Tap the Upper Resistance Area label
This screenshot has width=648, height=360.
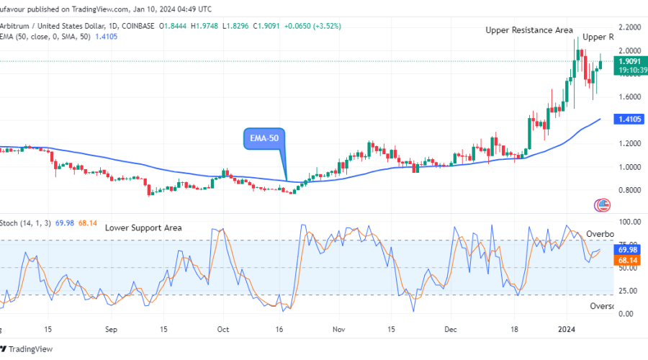pos(528,30)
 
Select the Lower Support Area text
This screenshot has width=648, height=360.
pos(143,228)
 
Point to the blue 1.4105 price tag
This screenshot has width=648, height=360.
pos(629,119)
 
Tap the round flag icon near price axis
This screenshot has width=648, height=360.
pos(603,205)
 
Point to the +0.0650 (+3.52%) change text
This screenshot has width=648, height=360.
pos(314,26)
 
